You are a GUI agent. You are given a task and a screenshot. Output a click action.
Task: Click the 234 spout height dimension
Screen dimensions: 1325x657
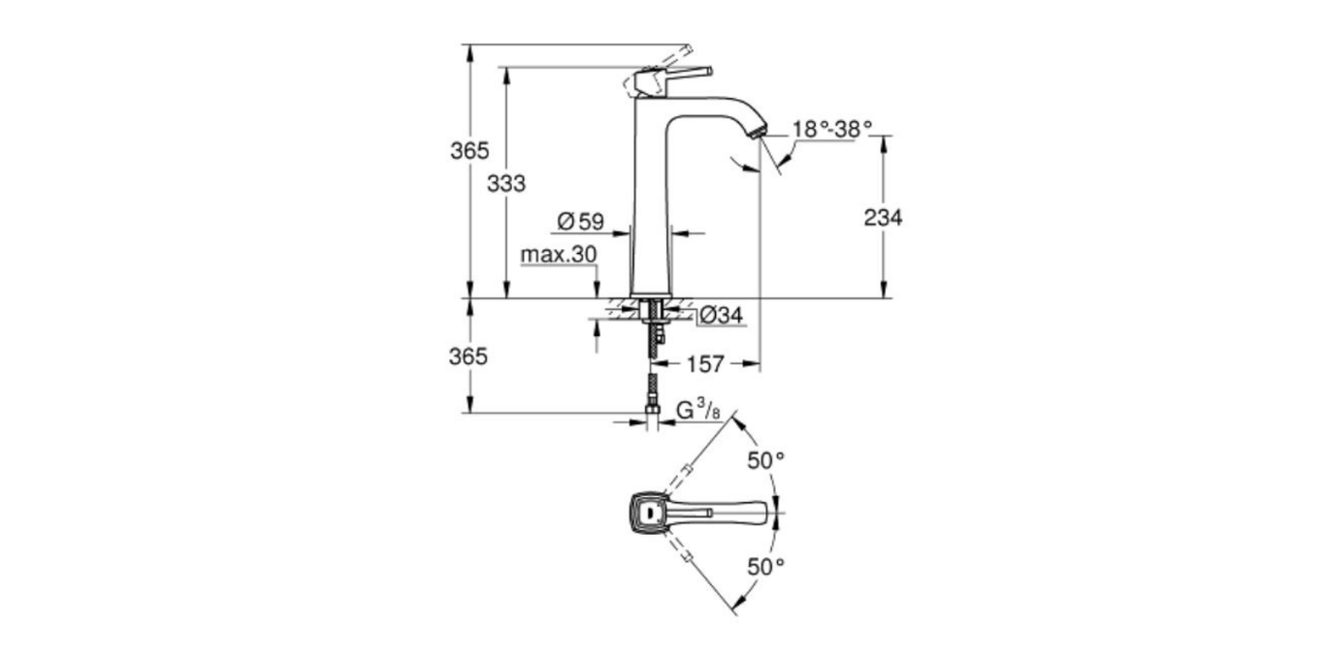point(883,218)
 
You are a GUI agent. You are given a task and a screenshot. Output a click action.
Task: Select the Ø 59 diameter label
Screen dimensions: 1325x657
point(581,222)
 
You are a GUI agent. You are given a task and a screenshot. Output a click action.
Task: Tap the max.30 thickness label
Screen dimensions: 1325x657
point(558,255)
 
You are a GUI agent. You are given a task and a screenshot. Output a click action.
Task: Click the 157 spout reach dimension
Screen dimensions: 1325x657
point(705,364)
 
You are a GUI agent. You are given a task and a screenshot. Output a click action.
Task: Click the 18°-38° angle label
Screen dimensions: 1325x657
point(832,129)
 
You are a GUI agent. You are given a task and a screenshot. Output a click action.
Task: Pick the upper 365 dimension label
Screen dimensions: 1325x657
point(469,151)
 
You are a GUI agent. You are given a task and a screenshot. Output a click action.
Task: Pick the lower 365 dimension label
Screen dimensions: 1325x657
point(469,356)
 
